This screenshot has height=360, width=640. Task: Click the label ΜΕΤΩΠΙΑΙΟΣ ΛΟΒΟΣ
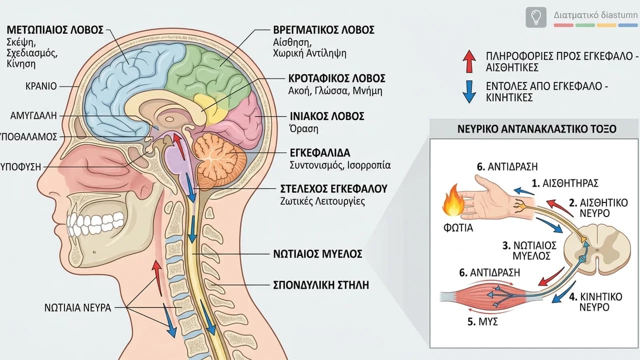pos(55,30)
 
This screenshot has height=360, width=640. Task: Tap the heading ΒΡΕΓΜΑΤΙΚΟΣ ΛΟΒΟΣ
pos(323,30)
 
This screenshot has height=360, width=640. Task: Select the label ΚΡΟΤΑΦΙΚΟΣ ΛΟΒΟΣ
pos(337,78)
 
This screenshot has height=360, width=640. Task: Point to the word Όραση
pos(304,129)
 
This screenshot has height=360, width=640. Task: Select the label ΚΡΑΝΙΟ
pos(41,86)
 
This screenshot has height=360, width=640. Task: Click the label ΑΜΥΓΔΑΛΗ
pos(33,115)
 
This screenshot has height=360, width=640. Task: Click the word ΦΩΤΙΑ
pos(458,228)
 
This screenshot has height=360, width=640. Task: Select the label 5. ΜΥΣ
pos(483,321)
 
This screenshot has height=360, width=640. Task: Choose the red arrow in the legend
pos(469,61)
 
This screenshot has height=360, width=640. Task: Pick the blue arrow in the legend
pos(469,91)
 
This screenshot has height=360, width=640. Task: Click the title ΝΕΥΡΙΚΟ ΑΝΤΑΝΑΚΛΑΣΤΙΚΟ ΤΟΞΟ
pos(537,129)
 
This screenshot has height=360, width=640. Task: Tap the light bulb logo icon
pos(536,17)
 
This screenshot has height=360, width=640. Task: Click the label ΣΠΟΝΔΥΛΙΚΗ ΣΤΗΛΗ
pos(321,285)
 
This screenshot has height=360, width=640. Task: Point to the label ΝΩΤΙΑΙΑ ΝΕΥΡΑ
pos(77,307)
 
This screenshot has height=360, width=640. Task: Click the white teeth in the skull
pos(95,221)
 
